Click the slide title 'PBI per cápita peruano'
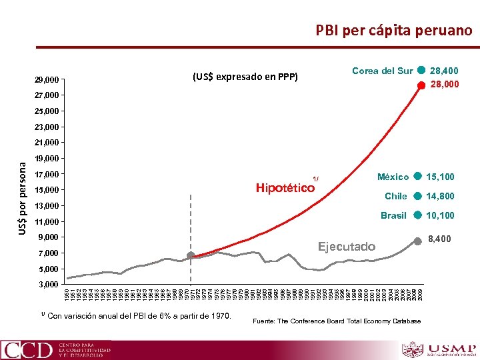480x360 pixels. [393, 30]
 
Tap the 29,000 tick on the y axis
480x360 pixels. [47, 80]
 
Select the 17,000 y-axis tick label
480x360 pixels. [47, 175]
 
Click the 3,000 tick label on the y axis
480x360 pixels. [49, 285]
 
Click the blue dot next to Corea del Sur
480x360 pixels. [421, 71]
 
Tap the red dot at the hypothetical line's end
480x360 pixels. [421, 85]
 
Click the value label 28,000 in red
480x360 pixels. [444, 85]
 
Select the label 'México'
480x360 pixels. [393, 177]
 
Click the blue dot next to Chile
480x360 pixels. [417, 196]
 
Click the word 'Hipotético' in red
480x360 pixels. [285, 188]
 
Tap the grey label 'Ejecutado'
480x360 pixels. [346, 247]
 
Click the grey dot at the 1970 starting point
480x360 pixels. [191, 255]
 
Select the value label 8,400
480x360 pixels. [439, 239]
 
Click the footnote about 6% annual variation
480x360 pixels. [136, 315]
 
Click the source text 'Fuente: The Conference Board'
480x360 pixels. [337, 321]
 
